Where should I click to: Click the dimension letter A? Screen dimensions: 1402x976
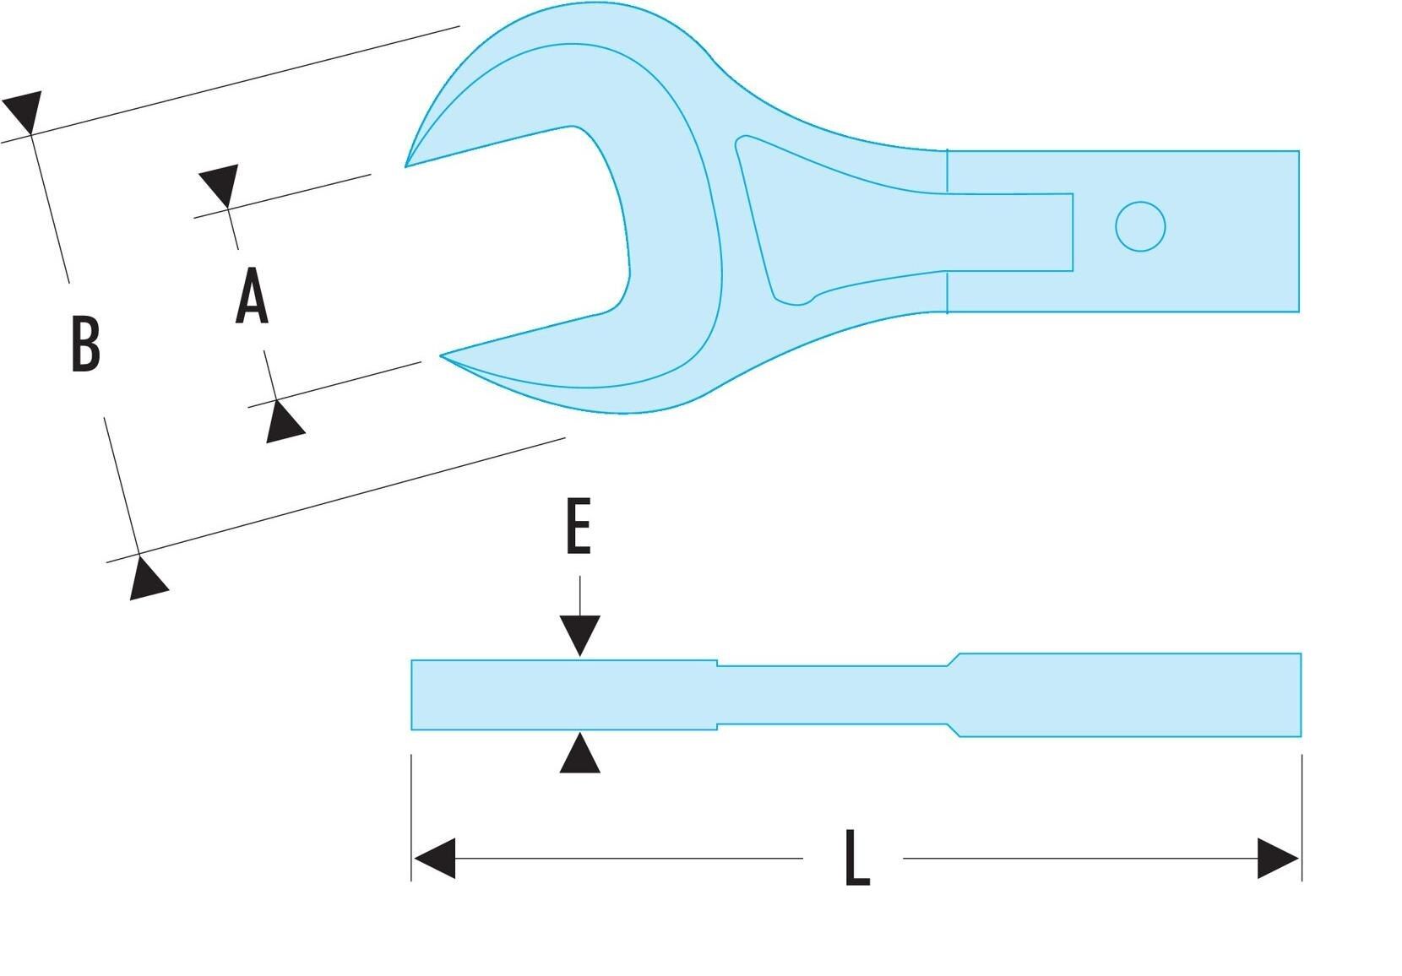pyautogui.click(x=253, y=296)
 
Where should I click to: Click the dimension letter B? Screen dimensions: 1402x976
pyautogui.click(x=86, y=344)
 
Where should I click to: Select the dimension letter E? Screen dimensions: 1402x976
pyautogui.click(x=579, y=526)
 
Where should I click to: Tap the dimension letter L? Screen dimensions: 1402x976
pyautogui.click(x=857, y=858)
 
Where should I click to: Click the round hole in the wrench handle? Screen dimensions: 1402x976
pyautogui.click(x=1140, y=226)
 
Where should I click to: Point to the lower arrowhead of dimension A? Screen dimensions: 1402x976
pyautogui.click(x=284, y=421)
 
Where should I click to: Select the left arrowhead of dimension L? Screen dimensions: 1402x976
pyautogui.click(x=435, y=859)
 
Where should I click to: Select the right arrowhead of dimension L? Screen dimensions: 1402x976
pyautogui.click(x=1278, y=859)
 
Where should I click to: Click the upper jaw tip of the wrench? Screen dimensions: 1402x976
pyautogui.click(x=405, y=167)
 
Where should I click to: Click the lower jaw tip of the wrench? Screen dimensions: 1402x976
pyautogui.click(x=441, y=355)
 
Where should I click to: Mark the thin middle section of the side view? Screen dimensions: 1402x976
pyautogui.click(x=833, y=695)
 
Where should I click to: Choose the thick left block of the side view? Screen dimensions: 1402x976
pyautogui.click(x=564, y=695)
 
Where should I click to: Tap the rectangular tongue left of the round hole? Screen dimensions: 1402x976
pyautogui.click(x=1009, y=232)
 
